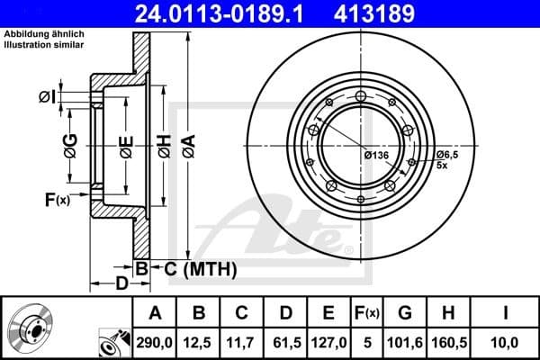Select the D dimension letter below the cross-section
(121, 285)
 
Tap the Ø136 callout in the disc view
(376, 156)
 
